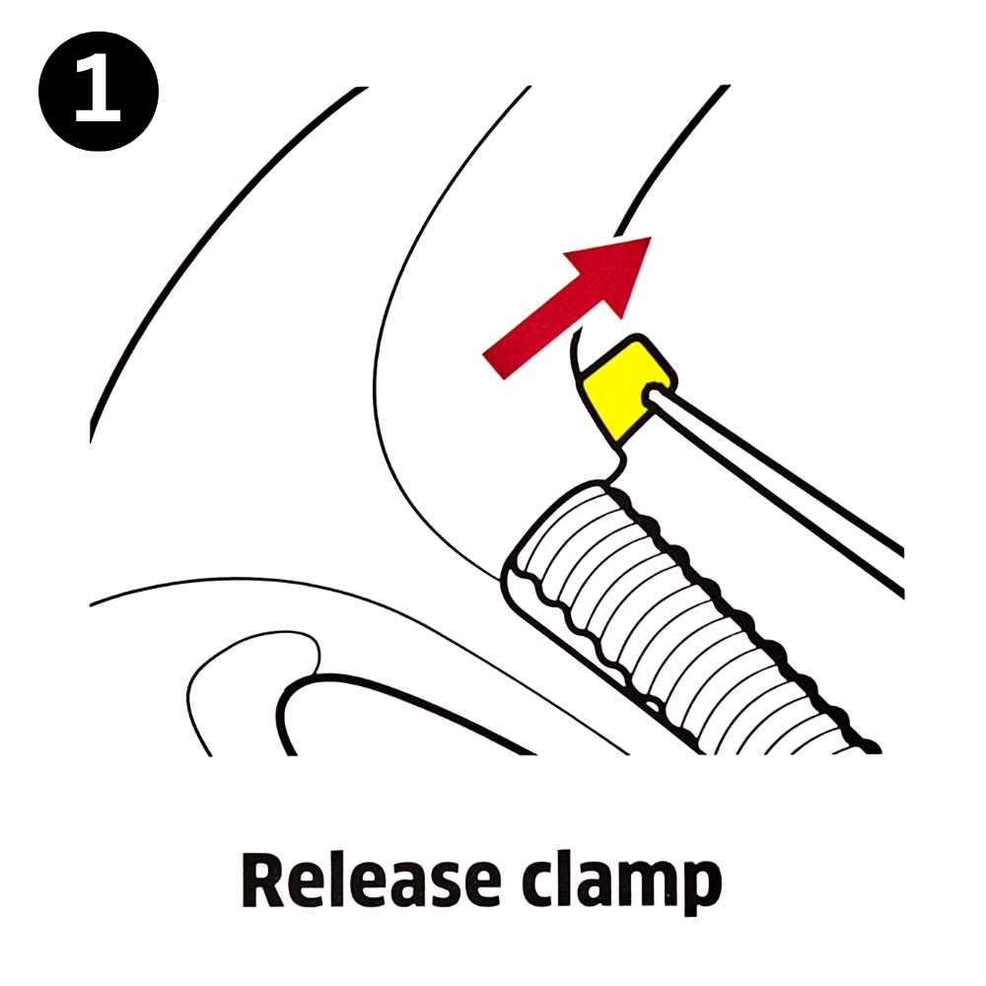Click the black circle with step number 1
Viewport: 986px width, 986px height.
click(x=99, y=92)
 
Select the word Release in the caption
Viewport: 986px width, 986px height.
click(x=370, y=880)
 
